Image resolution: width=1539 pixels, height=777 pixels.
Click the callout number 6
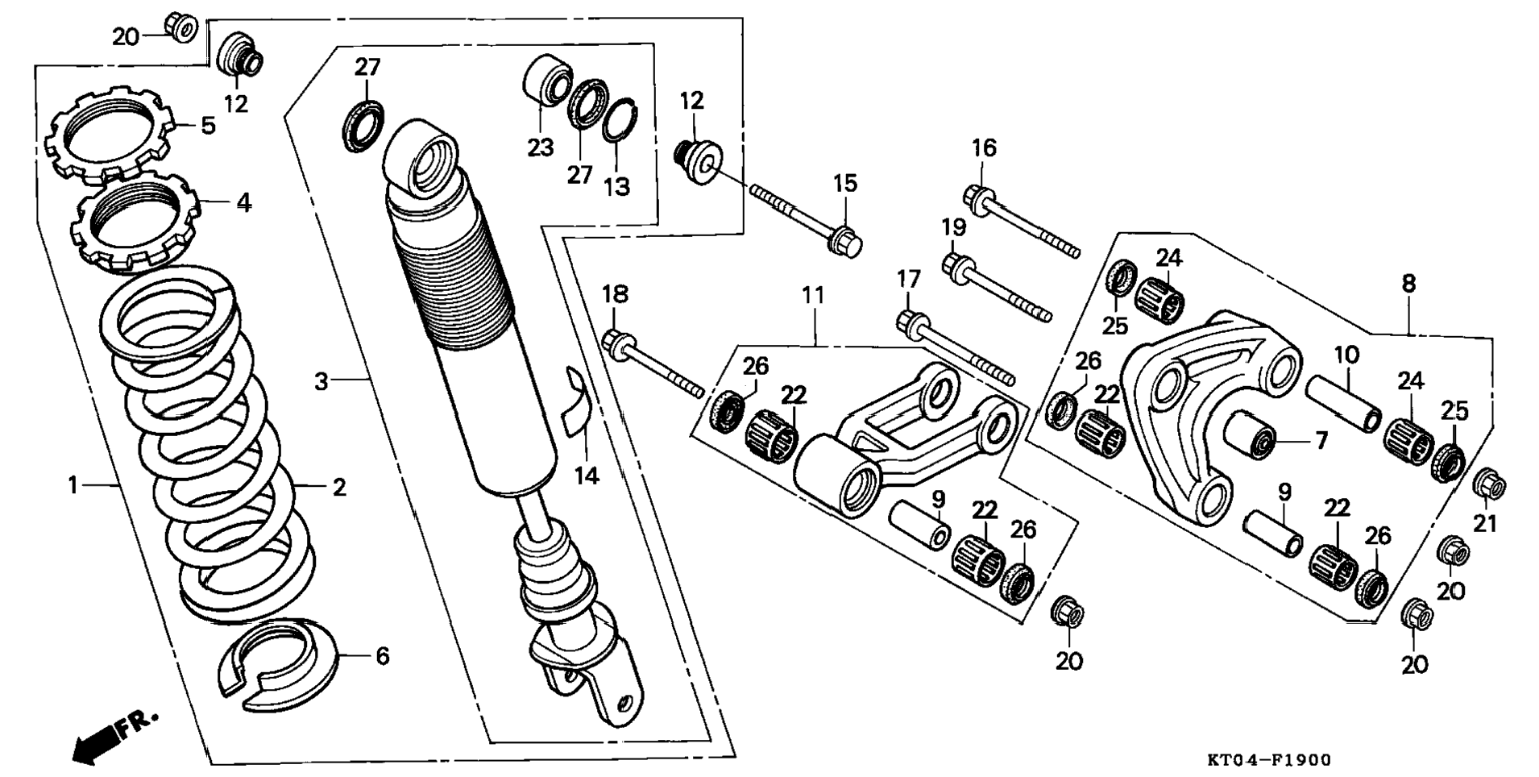(382, 656)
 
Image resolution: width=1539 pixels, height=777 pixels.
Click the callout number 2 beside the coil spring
(339, 488)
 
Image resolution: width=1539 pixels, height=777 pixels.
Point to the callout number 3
(321, 381)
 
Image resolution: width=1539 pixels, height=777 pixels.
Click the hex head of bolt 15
(845, 241)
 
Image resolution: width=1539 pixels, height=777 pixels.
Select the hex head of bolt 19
(957, 268)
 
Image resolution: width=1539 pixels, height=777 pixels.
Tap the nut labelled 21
(1490, 484)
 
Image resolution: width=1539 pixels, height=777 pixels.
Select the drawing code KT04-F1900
(1269, 759)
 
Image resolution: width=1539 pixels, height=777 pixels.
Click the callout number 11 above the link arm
(813, 297)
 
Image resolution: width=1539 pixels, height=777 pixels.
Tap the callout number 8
(1408, 284)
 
